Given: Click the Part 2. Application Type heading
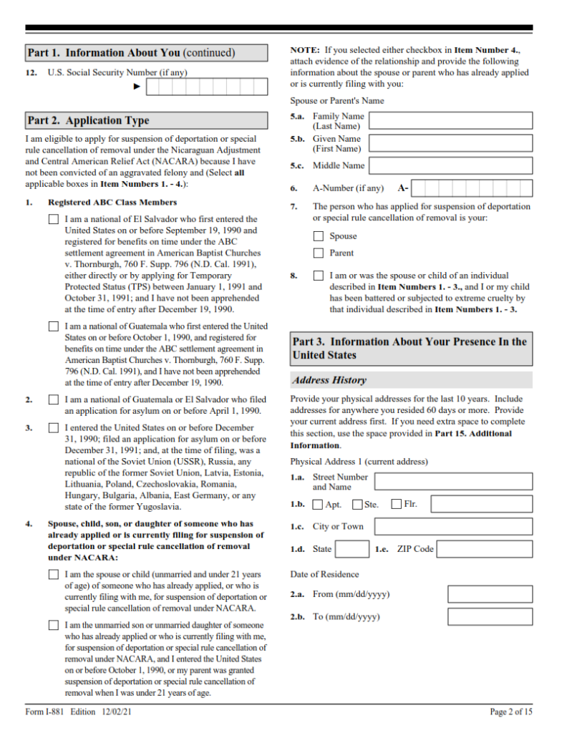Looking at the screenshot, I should click(x=88, y=120).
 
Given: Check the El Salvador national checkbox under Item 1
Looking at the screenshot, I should click(x=54, y=220).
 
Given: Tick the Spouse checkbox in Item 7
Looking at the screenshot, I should click(x=319, y=236).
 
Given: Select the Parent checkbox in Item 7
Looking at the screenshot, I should click(x=319, y=253).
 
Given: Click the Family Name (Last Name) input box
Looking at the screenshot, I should click(x=450, y=121).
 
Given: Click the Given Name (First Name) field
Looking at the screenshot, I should click(x=450, y=143).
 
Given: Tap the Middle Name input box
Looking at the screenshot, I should click(x=450, y=166).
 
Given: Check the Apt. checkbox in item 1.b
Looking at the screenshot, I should click(x=319, y=505).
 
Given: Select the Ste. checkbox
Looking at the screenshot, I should click(x=358, y=505).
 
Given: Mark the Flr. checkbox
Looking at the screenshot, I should click(x=397, y=505).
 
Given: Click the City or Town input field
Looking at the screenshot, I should click(x=453, y=527).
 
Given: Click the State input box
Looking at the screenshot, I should click(x=352, y=550).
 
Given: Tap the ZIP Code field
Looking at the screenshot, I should click(x=484, y=550).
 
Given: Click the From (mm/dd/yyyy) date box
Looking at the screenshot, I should click(x=490, y=594).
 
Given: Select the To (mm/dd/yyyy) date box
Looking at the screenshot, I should click(x=490, y=617).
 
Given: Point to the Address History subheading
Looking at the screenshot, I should click(x=329, y=380).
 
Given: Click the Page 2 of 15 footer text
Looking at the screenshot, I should click(x=511, y=712).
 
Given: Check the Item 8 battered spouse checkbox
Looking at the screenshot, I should click(x=319, y=276).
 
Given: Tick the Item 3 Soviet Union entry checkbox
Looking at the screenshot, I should click(x=54, y=428).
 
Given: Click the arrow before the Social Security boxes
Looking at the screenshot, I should click(x=137, y=87).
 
